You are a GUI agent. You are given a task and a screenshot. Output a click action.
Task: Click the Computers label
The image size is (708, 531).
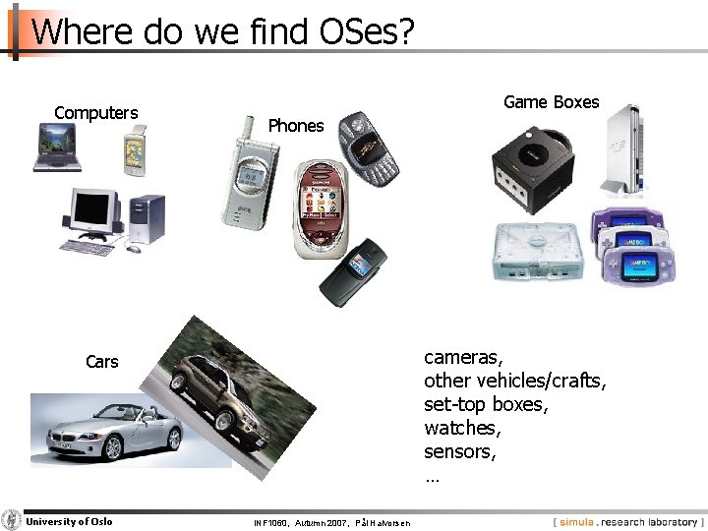pyautogui.click(x=96, y=113)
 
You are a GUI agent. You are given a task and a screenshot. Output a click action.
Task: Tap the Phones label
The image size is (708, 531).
pyautogui.click(x=295, y=126)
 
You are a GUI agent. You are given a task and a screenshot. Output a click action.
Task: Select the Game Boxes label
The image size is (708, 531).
pyautogui.click(x=551, y=102)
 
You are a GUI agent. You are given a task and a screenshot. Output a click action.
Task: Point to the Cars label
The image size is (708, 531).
pyautogui.click(x=101, y=362)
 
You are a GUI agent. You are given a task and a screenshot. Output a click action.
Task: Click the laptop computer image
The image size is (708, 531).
pyautogui.click(x=56, y=147)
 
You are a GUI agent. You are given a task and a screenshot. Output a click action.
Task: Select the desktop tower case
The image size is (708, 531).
pyautogui.click(x=147, y=218)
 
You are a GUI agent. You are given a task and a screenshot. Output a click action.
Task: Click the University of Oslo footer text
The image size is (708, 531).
pyautogui.click(x=69, y=522)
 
